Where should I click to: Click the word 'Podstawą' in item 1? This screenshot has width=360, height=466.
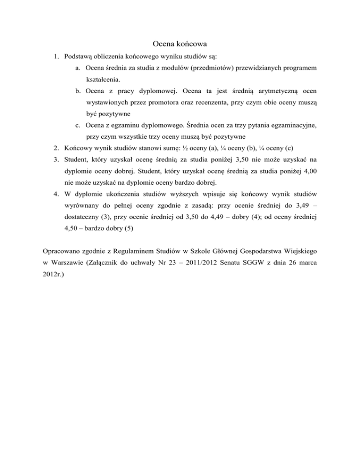coord(78,57)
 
